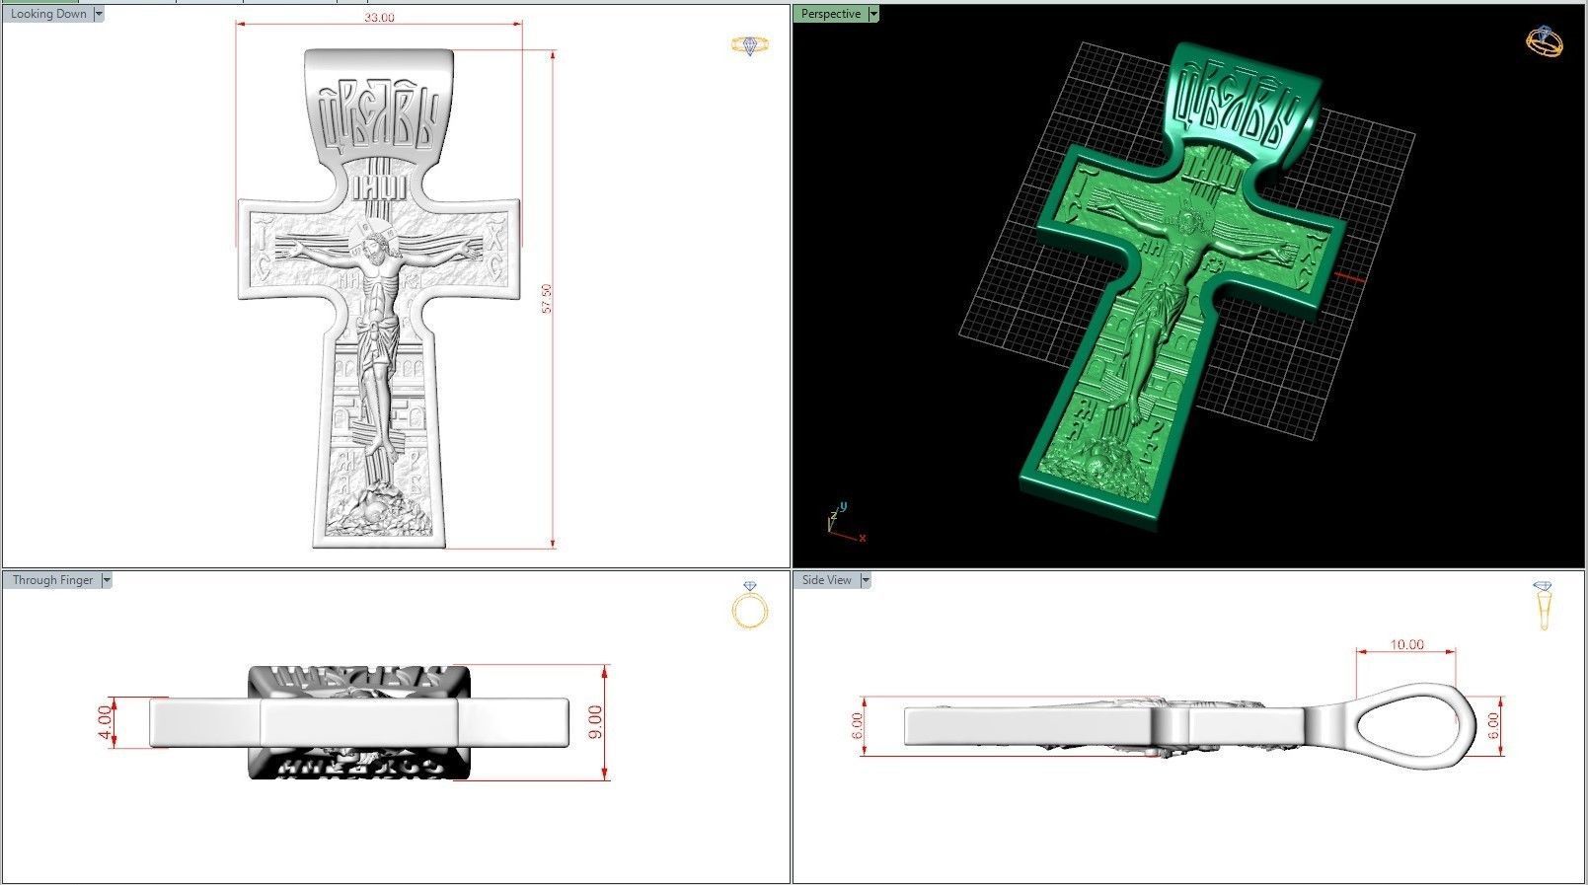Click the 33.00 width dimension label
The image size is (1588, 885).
[379, 18]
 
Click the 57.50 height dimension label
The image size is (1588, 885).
[547, 299]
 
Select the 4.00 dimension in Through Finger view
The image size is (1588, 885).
[105, 722]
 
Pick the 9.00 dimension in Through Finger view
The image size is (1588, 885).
[594, 722]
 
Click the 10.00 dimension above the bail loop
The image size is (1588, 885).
[1406, 644]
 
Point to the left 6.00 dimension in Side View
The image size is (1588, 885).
[857, 725]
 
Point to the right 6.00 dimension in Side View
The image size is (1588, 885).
[1493, 725]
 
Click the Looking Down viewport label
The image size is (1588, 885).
[47, 14]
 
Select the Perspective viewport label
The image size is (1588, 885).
[830, 14]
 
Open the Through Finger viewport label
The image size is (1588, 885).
[52, 580]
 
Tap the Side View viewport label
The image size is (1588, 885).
[826, 580]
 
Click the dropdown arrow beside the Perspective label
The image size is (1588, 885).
[873, 14]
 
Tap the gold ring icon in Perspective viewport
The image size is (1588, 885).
[1545, 41]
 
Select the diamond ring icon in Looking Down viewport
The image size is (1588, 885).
[750, 45]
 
